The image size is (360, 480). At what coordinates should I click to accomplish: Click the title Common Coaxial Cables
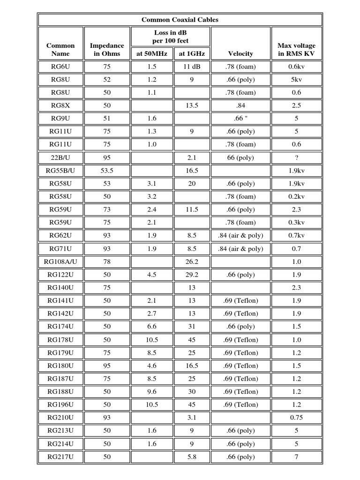(x=180, y=20)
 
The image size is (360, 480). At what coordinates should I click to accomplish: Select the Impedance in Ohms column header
(x=107, y=49)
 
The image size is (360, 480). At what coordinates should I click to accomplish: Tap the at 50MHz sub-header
(x=151, y=54)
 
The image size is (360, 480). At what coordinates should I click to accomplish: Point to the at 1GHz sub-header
(x=192, y=54)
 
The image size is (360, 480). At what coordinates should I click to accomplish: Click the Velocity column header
(x=240, y=54)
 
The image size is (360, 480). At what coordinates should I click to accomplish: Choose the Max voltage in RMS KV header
(x=296, y=49)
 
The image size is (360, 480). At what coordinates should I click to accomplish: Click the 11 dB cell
(x=192, y=67)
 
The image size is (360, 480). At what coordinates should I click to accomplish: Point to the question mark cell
(x=296, y=157)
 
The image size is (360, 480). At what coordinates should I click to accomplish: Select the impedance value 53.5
(x=107, y=171)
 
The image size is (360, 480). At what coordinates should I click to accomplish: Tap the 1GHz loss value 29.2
(x=192, y=275)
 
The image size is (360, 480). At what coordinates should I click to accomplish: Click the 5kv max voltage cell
(x=296, y=80)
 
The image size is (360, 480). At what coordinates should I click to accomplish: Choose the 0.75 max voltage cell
(x=296, y=418)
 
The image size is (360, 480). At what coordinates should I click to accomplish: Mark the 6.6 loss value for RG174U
(x=151, y=327)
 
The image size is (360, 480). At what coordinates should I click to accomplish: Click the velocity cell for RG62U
(x=240, y=236)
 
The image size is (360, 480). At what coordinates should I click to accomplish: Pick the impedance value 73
(x=107, y=210)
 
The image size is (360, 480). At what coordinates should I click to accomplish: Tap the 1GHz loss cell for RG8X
(x=192, y=105)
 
